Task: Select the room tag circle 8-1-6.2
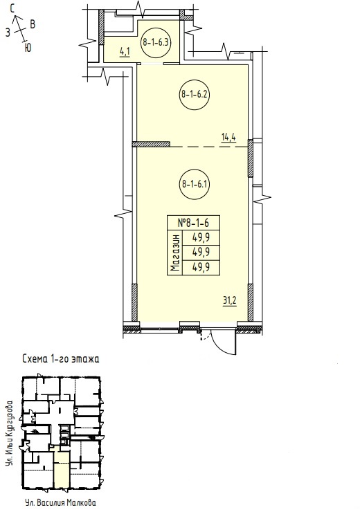pyautogui.click(x=194, y=95)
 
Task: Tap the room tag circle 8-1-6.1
pyautogui.click(x=194, y=184)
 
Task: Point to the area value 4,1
pyautogui.click(x=125, y=52)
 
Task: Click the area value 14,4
pyautogui.click(x=228, y=137)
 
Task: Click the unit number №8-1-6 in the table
pyautogui.click(x=193, y=223)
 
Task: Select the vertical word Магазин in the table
pyautogui.click(x=175, y=253)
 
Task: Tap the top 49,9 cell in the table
pyautogui.click(x=201, y=238)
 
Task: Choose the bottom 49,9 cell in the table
pyautogui.click(x=201, y=268)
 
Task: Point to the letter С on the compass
pyautogui.click(x=13, y=9)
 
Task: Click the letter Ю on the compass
pyautogui.click(x=28, y=48)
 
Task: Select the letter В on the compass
pyautogui.click(x=33, y=24)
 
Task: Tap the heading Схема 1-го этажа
pyautogui.click(x=61, y=359)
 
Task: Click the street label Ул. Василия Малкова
pyautogui.click(x=60, y=502)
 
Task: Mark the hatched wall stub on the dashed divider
pyautogui.click(x=151, y=144)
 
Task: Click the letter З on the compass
pyautogui.click(x=8, y=33)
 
